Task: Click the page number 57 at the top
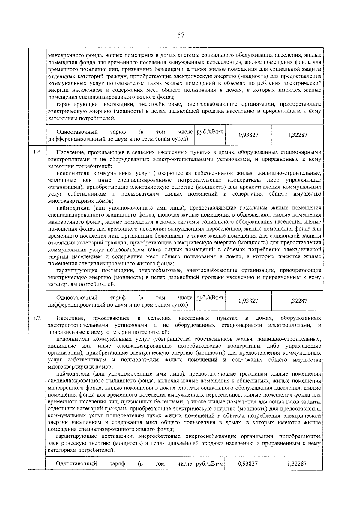pyautogui.click(x=181, y=35)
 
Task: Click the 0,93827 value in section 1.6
pyautogui.click(x=248, y=301)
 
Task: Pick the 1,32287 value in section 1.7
pyautogui.click(x=297, y=464)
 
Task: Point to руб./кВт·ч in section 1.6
pyautogui.click(x=210, y=298)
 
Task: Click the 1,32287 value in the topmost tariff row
pyautogui.click(x=297, y=135)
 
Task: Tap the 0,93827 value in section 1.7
pyautogui.click(x=248, y=464)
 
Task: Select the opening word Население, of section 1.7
pyautogui.click(x=71, y=318)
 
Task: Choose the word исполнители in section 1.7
pyautogui.click(x=73, y=339)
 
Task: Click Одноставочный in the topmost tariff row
pyautogui.click(x=77, y=132)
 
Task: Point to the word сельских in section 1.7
pyautogui.click(x=159, y=318)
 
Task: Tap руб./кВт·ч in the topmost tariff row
pyautogui.click(x=210, y=132)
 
